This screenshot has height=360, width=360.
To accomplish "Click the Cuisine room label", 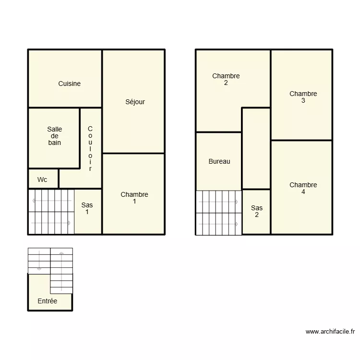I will click(x=69, y=84).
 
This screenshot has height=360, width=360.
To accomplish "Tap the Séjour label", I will click(x=135, y=102).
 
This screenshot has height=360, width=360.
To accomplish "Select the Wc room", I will click(x=42, y=180).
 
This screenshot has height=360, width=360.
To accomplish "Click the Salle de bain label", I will click(x=54, y=136).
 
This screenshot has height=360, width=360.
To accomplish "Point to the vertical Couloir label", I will click(x=90, y=149).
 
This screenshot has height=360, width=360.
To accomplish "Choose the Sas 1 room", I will click(x=87, y=208).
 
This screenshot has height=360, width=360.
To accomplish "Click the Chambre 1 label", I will click(x=134, y=198).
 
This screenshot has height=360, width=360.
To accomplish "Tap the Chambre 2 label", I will click(x=226, y=79).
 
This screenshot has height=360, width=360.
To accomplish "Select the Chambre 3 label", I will click(x=303, y=97).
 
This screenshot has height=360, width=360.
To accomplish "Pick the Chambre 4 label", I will click(x=303, y=188).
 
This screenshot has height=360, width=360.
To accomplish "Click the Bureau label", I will click(x=219, y=161).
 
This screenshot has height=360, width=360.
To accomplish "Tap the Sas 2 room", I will click(x=257, y=211).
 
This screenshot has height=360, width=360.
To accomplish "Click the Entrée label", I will click(x=48, y=301).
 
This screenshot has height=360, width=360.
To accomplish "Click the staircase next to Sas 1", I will click(x=51, y=212).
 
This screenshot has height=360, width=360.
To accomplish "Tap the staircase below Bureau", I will click(x=218, y=213).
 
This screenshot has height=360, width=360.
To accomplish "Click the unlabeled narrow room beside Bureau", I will click(x=256, y=148).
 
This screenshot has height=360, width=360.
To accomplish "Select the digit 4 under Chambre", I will click(x=303, y=192).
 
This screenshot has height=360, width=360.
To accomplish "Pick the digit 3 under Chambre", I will click(x=303, y=101).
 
